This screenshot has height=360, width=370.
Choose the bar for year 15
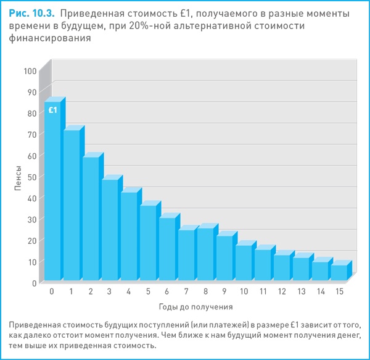pyautogui.click(x=339, y=272)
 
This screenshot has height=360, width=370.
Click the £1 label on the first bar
pyautogui.click(x=53, y=110)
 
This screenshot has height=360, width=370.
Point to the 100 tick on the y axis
pyautogui.click(x=30, y=71)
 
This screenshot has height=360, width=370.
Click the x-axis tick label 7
pyautogui.click(x=186, y=291)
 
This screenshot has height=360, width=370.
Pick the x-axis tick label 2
pyautogui.click(x=90, y=291)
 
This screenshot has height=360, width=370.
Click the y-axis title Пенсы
pyautogui.click(x=18, y=177)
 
